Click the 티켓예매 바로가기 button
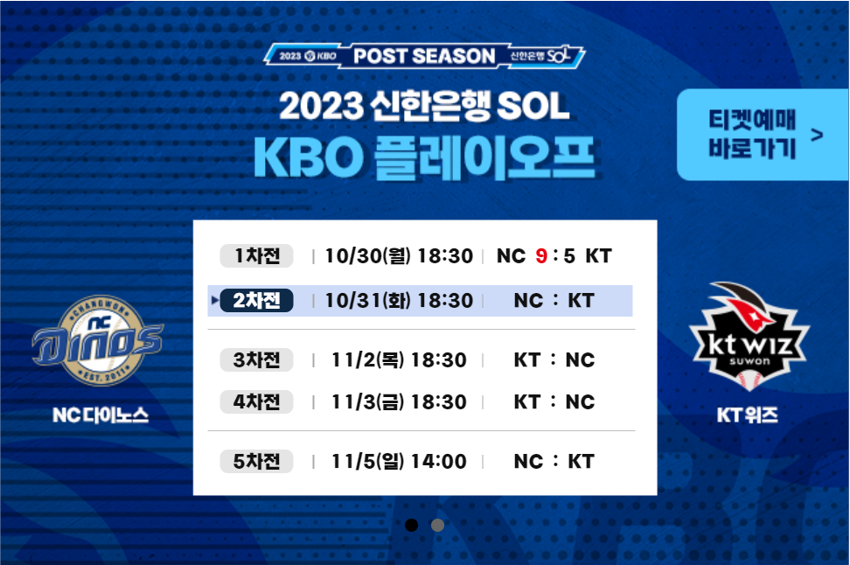click(763, 135)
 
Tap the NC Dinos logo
click(98, 340)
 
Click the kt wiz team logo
click(749, 336)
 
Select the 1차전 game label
click(256, 256)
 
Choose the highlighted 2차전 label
click(256, 300)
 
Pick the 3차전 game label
click(256, 360)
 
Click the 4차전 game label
click(256, 401)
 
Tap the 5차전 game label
click(256, 462)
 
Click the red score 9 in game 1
click(541, 256)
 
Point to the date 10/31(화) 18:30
click(399, 300)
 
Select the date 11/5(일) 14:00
click(399, 462)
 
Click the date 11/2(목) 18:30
click(399, 360)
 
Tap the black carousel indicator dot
click(412, 525)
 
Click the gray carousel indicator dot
click(437, 525)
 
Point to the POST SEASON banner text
click(424, 56)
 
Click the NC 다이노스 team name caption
click(101, 415)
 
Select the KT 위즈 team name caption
click(748, 415)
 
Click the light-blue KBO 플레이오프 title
click(424, 157)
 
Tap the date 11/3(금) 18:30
click(399, 401)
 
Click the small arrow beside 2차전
click(214, 300)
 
